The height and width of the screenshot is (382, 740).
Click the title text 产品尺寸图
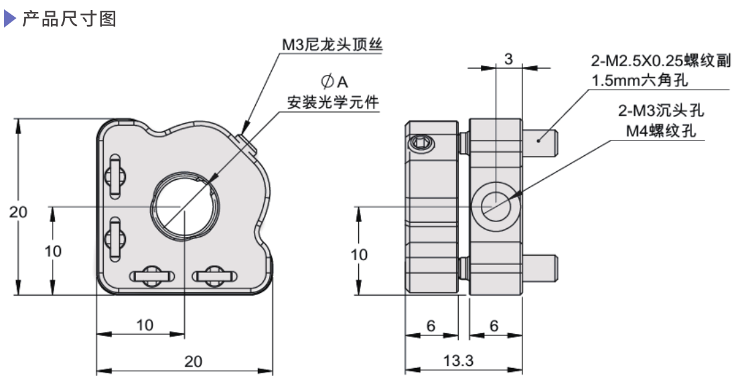tap(70, 20)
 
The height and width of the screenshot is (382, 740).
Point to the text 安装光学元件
tap(332, 103)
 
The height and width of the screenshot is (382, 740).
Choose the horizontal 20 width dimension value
tap(193, 361)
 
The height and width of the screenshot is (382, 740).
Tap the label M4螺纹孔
tap(660, 131)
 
